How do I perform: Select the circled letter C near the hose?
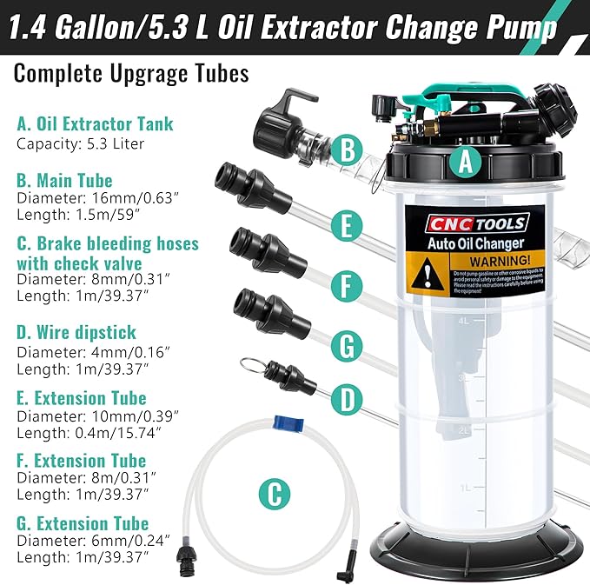(274, 495)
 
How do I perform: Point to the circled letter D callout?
(347, 400)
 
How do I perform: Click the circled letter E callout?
(346, 228)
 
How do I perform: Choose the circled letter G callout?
(346, 346)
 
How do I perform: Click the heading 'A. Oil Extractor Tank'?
(95, 123)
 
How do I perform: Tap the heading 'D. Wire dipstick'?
(76, 332)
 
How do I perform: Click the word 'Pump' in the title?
(522, 30)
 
